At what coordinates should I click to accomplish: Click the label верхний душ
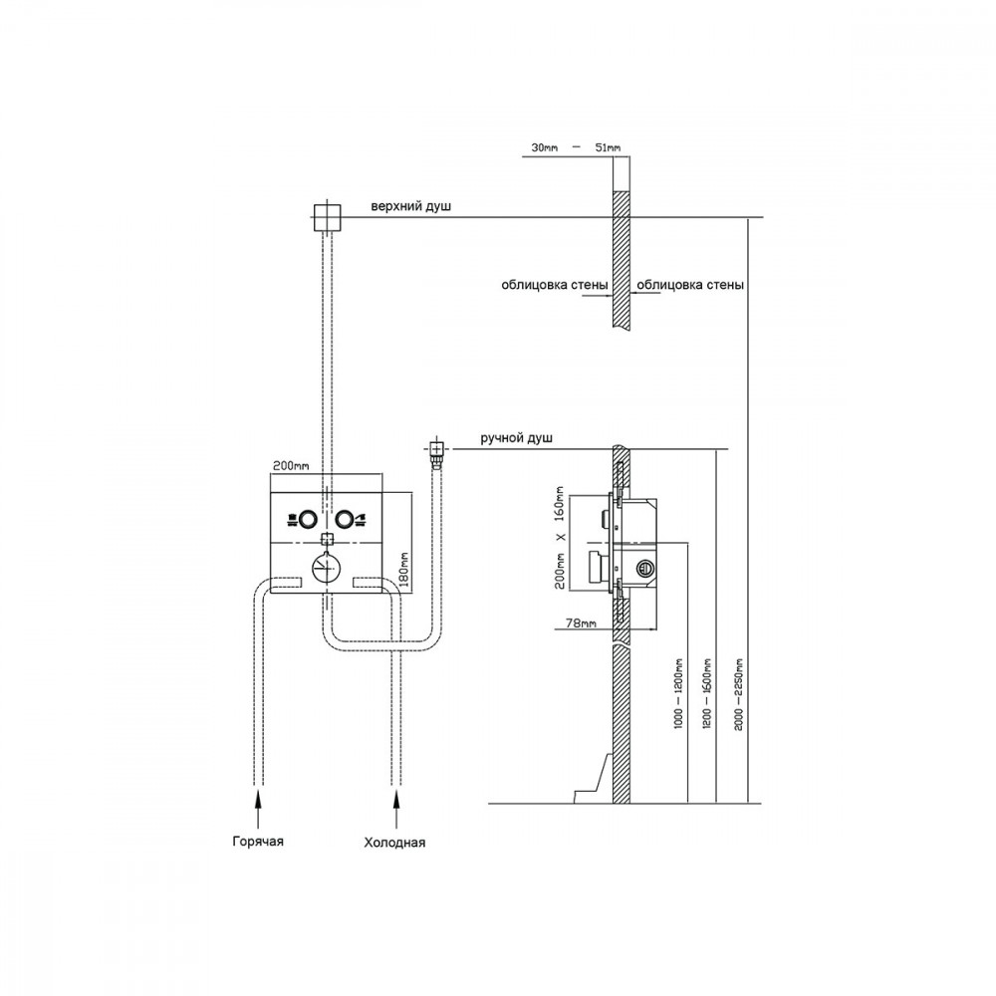411,206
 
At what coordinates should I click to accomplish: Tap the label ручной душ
516,438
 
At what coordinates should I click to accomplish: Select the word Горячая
258,841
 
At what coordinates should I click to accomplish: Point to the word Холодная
394,843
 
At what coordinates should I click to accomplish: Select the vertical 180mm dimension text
404,569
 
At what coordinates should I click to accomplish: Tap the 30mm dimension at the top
545,147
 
